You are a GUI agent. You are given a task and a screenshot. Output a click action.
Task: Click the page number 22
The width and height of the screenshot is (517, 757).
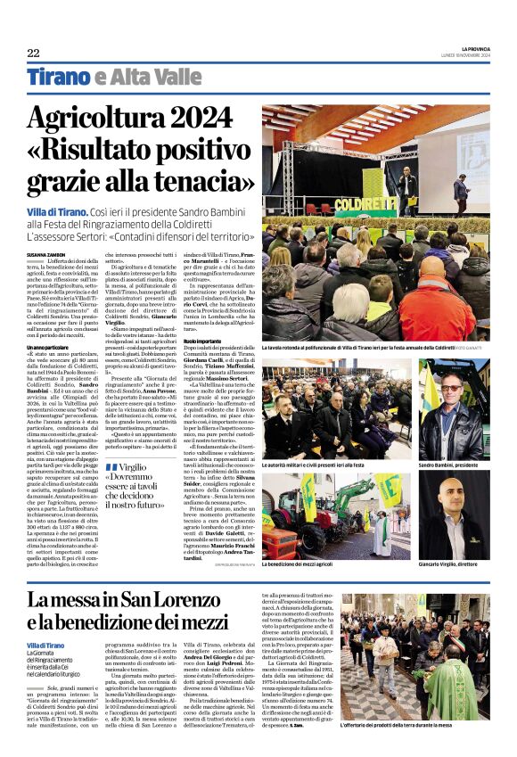[33, 52]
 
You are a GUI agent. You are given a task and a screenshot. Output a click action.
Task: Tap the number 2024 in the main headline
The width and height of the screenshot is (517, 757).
[202, 119]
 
